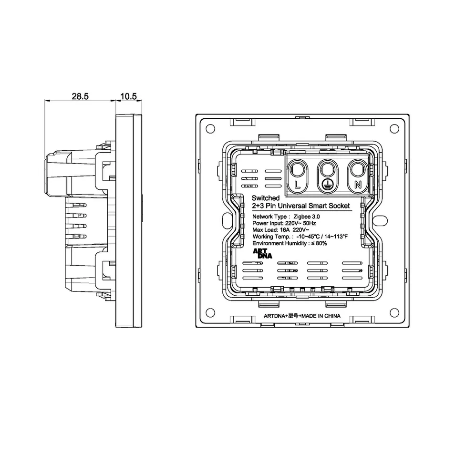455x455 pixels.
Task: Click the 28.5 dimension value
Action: coord(80,96)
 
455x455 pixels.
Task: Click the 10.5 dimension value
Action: coord(129,96)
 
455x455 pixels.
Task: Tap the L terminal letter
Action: coord(297,184)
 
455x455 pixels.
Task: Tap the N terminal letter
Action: coord(358,184)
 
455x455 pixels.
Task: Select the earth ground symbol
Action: coord(327,183)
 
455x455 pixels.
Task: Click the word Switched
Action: coord(266,198)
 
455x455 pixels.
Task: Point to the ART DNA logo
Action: coord(262,254)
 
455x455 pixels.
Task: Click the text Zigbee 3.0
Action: coord(307,217)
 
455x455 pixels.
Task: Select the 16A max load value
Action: coord(285,230)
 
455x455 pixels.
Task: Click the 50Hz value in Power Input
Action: coord(309,223)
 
